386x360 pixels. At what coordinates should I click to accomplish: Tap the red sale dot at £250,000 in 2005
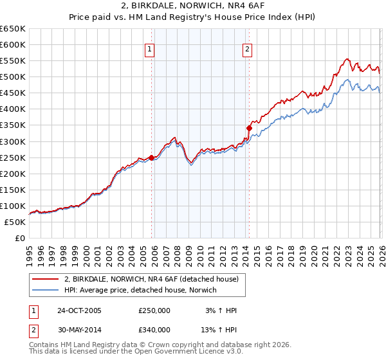tap(152, 157)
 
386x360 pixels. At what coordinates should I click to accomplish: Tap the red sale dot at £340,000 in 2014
tap(249, 128)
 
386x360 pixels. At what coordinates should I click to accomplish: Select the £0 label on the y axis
tap(19, 239)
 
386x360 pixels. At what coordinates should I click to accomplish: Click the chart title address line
tap(193, 7)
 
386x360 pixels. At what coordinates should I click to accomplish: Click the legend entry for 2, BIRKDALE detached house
tap(151, 279)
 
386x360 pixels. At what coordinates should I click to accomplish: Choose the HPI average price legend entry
tap(140, 290)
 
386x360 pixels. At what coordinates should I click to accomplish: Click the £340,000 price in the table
tap(154, 330)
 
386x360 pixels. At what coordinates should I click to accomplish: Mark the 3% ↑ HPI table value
tap(221, 310)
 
